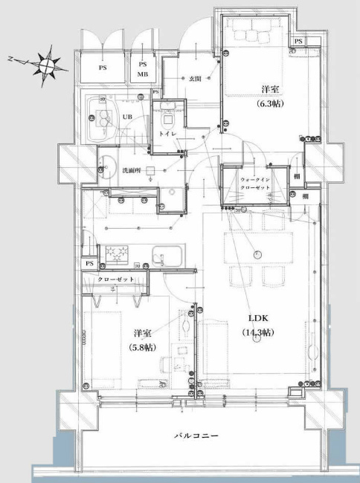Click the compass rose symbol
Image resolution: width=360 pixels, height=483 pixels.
point(46,64)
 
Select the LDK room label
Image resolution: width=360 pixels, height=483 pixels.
point(257,317)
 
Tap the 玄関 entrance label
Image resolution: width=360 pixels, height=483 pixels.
point(195,78)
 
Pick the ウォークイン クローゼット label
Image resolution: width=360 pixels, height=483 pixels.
point(254,184)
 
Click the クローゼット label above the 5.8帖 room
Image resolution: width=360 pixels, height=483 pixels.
point(120,279)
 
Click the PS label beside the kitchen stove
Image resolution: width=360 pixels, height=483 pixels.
point(89,264)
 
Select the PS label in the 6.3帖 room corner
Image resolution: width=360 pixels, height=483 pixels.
point(298,41)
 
